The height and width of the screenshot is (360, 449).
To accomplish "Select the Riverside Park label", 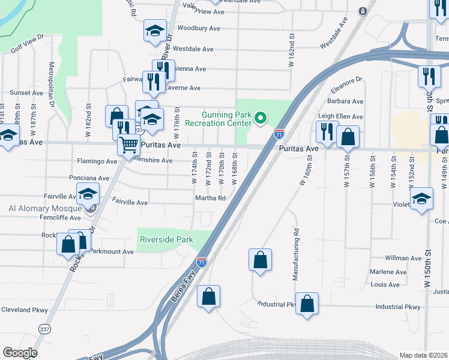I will click(x=166, y=239).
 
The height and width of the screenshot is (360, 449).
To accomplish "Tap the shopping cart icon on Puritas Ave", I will click(x=129, y=145).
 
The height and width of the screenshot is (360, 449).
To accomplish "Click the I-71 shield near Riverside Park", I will click(x=202, y=262).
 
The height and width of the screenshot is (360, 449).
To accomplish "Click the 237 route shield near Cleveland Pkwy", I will click(x=44, y=328).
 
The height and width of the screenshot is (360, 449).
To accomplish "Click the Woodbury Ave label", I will click(x=196, y=28).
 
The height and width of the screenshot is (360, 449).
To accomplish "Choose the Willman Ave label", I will click(x=403, y=258).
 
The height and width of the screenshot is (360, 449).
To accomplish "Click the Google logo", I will click(x=20, y=353).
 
